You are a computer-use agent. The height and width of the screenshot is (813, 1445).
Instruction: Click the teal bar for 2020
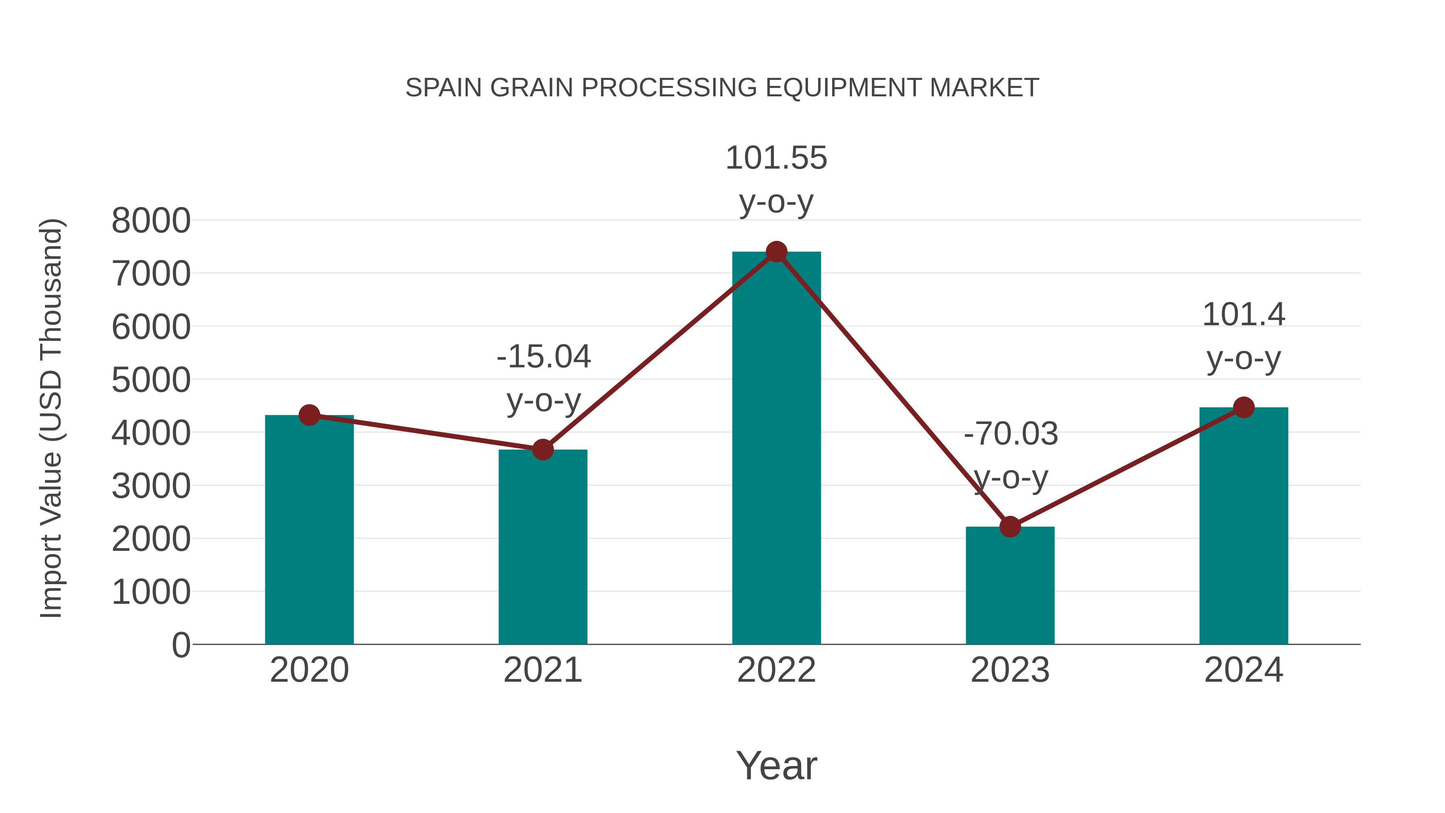[309, 530]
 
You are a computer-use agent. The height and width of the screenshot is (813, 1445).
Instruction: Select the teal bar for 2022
[776, 449]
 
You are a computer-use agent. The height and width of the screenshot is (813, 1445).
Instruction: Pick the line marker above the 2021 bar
[542, 449]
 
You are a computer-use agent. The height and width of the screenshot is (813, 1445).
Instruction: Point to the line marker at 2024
[1244, 408]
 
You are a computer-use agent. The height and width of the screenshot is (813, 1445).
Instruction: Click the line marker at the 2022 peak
[776, 252]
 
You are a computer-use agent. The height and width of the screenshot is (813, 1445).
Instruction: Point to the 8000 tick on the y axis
[151, 220]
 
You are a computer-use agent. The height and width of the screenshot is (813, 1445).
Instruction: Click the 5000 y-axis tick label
[151, 380]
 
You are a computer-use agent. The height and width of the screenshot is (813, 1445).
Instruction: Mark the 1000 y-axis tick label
[151, 592]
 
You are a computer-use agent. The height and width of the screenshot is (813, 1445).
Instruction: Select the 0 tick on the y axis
[181, 645]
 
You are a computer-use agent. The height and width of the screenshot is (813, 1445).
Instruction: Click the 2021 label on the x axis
[542, 670]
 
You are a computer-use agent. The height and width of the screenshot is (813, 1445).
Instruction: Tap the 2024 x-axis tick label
[1244, 670]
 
